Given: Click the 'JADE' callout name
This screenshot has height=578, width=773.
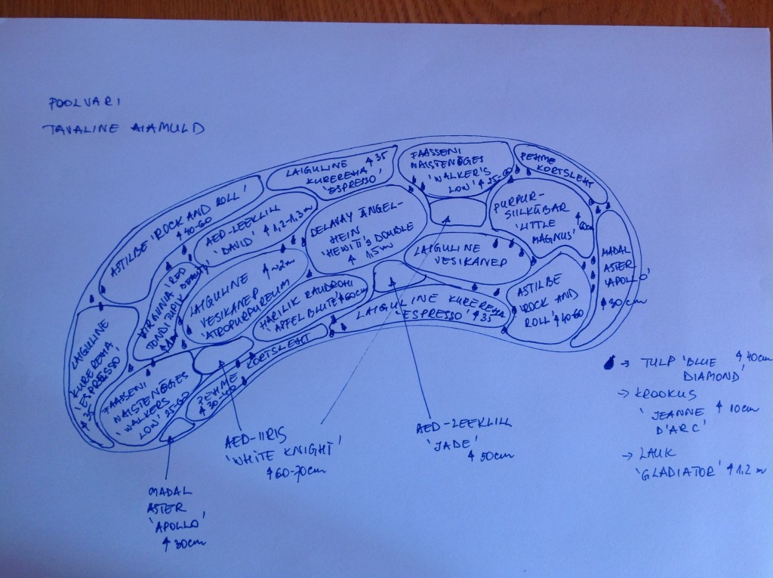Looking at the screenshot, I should click(448, 444).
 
